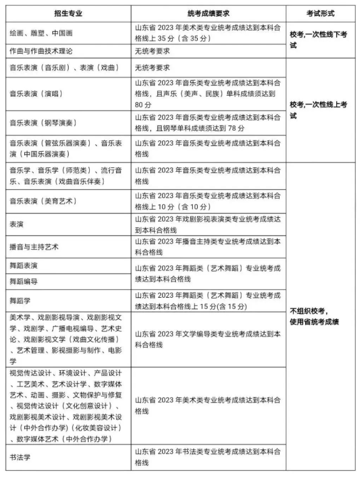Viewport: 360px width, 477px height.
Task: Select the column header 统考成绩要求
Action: click(x=208, y=12)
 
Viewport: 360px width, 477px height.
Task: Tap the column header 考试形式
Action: click(x=318, y=12)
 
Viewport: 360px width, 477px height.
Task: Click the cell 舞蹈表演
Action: click(x=26, y=265)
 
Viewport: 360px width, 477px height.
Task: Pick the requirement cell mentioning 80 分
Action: click(x=208, y=93)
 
